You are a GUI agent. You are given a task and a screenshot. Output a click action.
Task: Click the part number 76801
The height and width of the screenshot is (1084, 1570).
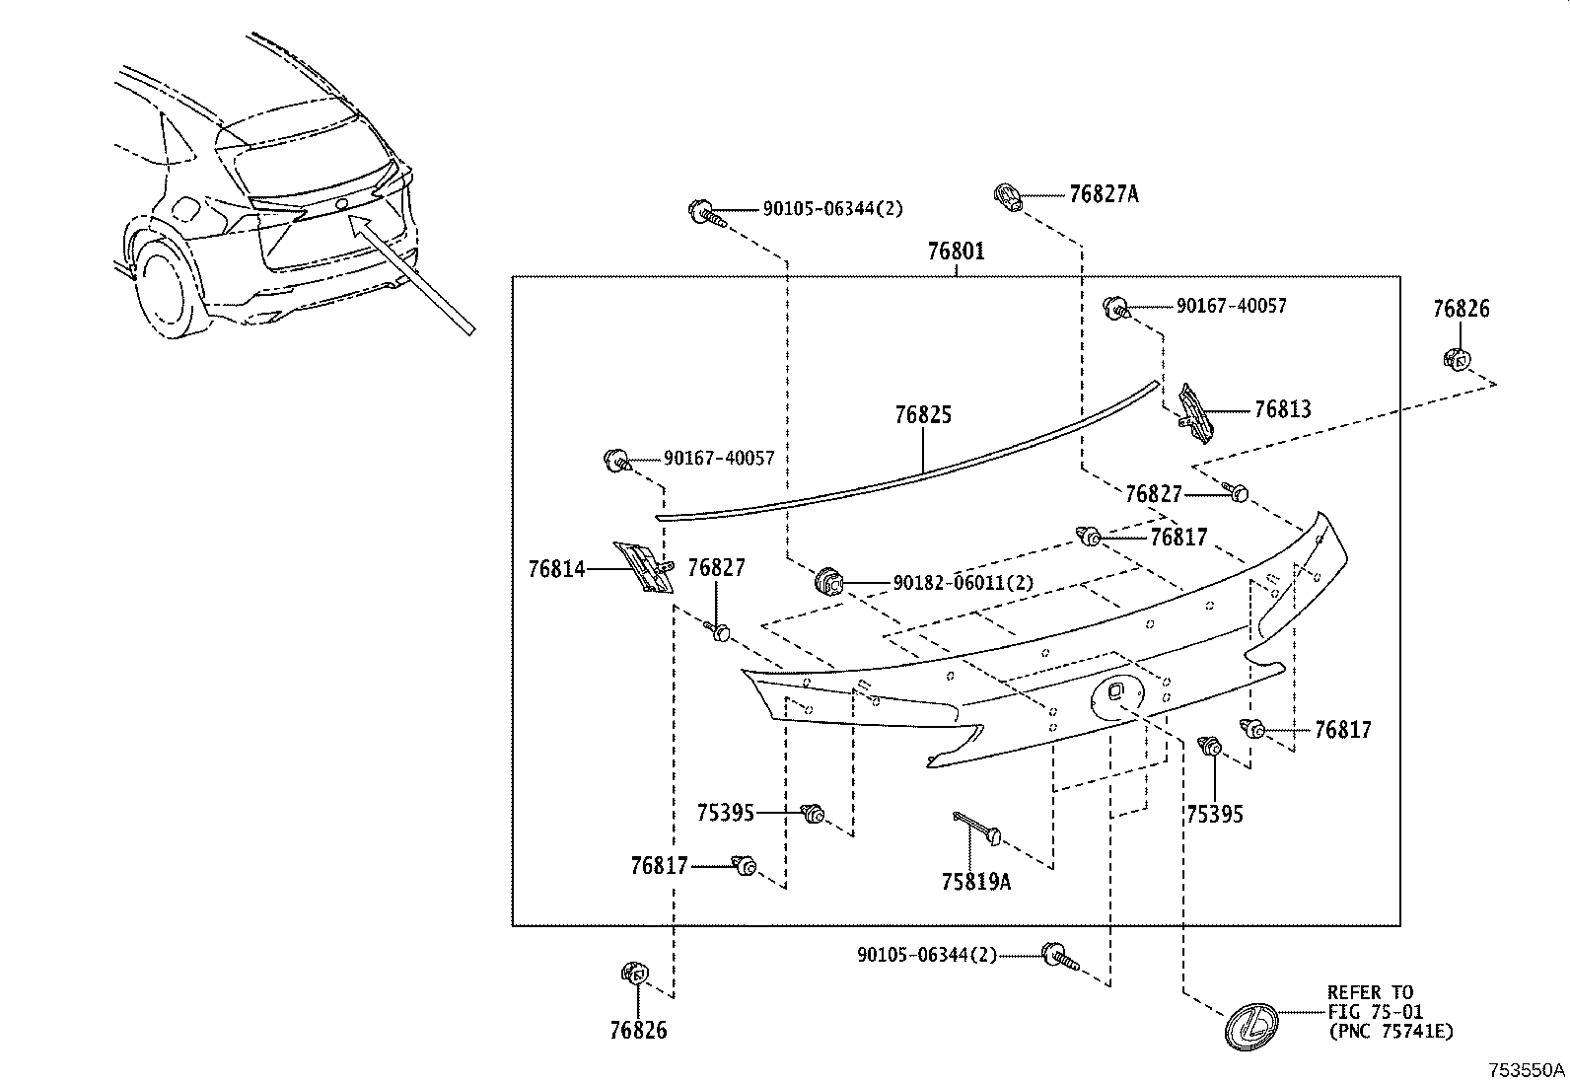pyautogui.click(x=956, y=252)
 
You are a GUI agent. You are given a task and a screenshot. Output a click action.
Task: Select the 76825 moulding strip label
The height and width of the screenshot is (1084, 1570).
pyautogui.click(x=923, y=415)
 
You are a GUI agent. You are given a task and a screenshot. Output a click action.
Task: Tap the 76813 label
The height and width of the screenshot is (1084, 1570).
pyautogui.click(x=1282, y=409)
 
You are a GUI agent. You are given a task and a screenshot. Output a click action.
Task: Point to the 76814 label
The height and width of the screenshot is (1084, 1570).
pyautogui.click(x=556, y=569)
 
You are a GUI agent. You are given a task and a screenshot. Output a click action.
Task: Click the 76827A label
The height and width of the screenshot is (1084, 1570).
pyautogui.click(x=1103, y=194)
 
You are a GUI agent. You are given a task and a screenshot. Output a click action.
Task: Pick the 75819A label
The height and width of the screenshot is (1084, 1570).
pyautogui.click(x=976, y=881)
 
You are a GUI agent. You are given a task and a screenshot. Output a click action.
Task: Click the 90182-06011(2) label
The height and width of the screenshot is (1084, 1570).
pyautogui.click(x=963, y=583)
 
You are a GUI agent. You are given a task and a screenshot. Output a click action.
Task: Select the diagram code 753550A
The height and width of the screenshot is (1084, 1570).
pyautogui.click(x=1527, y=1070)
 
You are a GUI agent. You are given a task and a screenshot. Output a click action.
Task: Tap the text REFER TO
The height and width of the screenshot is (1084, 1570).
pyautogui.click(x=1370, y=992)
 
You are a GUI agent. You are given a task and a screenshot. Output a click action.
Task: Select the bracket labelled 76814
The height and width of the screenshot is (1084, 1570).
pyautogui.click(x=643, y=567)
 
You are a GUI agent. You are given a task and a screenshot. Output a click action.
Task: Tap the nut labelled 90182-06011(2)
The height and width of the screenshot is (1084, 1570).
pyautogui.click(x=829, y=583)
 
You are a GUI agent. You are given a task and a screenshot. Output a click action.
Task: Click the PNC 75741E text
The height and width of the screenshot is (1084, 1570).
pyautogui.click(x=1390, y=1032)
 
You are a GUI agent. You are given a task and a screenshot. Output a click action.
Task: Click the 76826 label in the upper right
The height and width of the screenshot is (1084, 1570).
pyautogui.click(x=1461, y=309)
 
